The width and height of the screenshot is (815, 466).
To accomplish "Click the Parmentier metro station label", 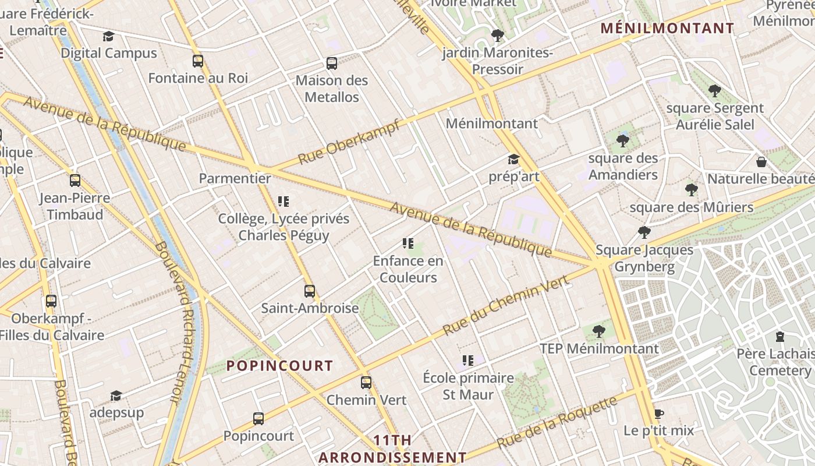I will coord(235,178).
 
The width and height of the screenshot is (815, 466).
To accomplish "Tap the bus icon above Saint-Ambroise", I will coord(310,291).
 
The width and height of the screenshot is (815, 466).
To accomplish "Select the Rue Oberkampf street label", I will coord(349,142).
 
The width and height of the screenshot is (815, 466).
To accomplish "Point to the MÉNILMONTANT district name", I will coord(667,28).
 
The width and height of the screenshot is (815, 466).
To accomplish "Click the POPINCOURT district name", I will coord(279,366).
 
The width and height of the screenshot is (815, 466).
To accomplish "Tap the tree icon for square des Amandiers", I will coord(623,140).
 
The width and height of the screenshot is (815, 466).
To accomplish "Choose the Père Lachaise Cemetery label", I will coord(778,362).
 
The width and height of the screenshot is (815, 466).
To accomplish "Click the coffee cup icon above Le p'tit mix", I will coord(659,414).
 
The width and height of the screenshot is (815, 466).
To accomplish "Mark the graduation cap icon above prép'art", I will coord(513,160).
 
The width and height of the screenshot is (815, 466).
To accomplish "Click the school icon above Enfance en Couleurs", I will coord(408,243).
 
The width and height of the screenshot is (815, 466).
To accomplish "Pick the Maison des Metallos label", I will coord(332,89).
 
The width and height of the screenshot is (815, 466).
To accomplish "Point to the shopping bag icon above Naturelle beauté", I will coord(761,161).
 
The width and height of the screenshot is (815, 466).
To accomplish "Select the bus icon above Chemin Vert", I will coord(366,383).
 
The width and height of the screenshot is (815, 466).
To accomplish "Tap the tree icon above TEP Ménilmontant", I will coord(598,331).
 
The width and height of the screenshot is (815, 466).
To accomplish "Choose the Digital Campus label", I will coord(109,53).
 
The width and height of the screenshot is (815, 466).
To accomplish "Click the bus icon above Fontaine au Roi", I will coord(198,61).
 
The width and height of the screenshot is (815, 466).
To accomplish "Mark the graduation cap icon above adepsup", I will coord(116,396).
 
